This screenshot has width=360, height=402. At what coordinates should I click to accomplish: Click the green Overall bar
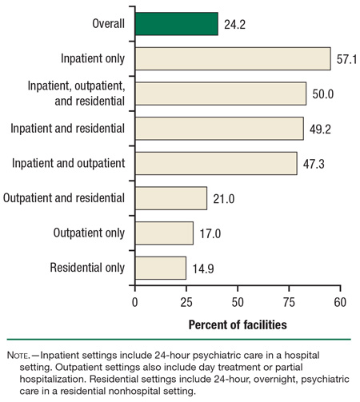click(176, 24)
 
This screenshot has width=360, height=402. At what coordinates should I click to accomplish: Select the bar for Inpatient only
click(232, 59)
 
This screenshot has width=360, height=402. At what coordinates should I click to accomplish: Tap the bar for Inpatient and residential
click(219, 129)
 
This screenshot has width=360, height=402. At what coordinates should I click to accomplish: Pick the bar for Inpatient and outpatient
click(215, 163)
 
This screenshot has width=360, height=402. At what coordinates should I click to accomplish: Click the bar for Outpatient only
click(164, 233)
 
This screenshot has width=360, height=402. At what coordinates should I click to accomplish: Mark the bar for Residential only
click(160, 267)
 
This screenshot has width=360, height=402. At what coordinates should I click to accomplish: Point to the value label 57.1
click(346, 59)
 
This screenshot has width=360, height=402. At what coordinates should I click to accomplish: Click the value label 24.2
click(234, 24)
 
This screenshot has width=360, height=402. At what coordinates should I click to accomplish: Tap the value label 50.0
click(322, 94)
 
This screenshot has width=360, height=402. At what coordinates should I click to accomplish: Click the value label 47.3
click(313, 163)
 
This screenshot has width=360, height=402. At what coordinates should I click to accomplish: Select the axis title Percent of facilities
click(238, 325)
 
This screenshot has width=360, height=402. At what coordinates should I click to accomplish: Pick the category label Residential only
click(87, 267)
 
